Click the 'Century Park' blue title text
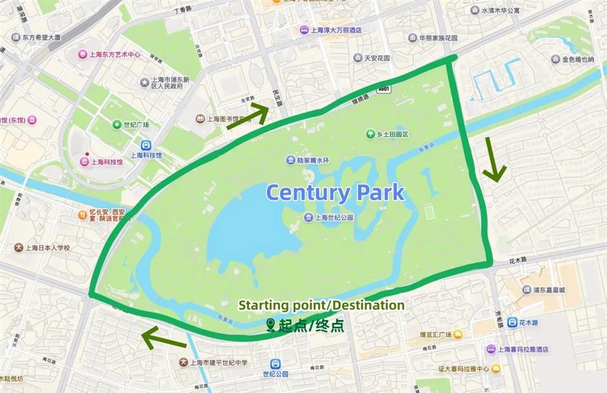[x=335, y=192]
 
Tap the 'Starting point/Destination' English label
[x=322, y=305]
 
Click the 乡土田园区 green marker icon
[x=371, y=134]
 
